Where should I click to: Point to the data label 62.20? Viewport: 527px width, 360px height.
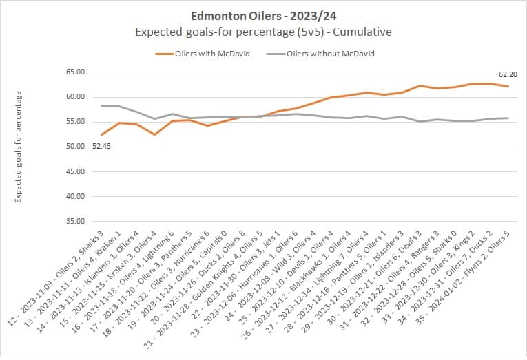[508, 74]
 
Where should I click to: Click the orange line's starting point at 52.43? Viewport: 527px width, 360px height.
[102, 134]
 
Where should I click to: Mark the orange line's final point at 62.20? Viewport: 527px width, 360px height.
[508, 86]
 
